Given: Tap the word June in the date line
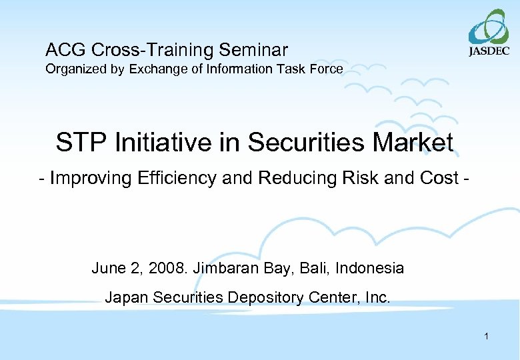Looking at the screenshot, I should (x=107, y=268).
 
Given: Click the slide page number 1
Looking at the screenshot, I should (x=487, y=337).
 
